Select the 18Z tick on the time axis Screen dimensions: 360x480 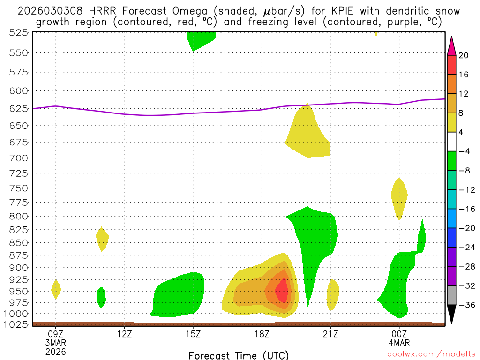262,333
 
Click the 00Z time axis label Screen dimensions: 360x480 399,333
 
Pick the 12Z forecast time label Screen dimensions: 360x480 124,333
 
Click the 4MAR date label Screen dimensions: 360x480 399,342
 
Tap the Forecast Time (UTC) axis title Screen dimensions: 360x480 239,355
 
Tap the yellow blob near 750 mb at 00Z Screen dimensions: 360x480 399,197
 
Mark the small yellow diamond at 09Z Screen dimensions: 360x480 56,289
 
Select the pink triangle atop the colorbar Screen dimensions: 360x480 451,45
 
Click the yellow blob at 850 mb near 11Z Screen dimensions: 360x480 102,239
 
